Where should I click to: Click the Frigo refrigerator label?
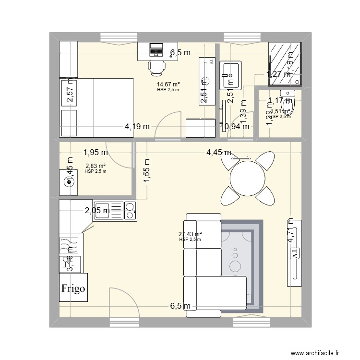pyautogui.click(x=73, y=288)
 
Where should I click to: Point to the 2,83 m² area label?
pyautogui.click(x=95, y=166)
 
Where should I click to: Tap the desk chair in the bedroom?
pyautogui.click(x=157, y=68)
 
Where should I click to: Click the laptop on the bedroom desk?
pyautogui.click(x=156, y=49)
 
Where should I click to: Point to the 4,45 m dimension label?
pyautogui.click(x=218, y=153)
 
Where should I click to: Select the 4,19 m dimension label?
pyautogui.click(x=137, y=127)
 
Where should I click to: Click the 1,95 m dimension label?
pyautogui.click(x=95, y=153)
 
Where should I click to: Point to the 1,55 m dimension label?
pyautogui.click(x=146, y=171)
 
